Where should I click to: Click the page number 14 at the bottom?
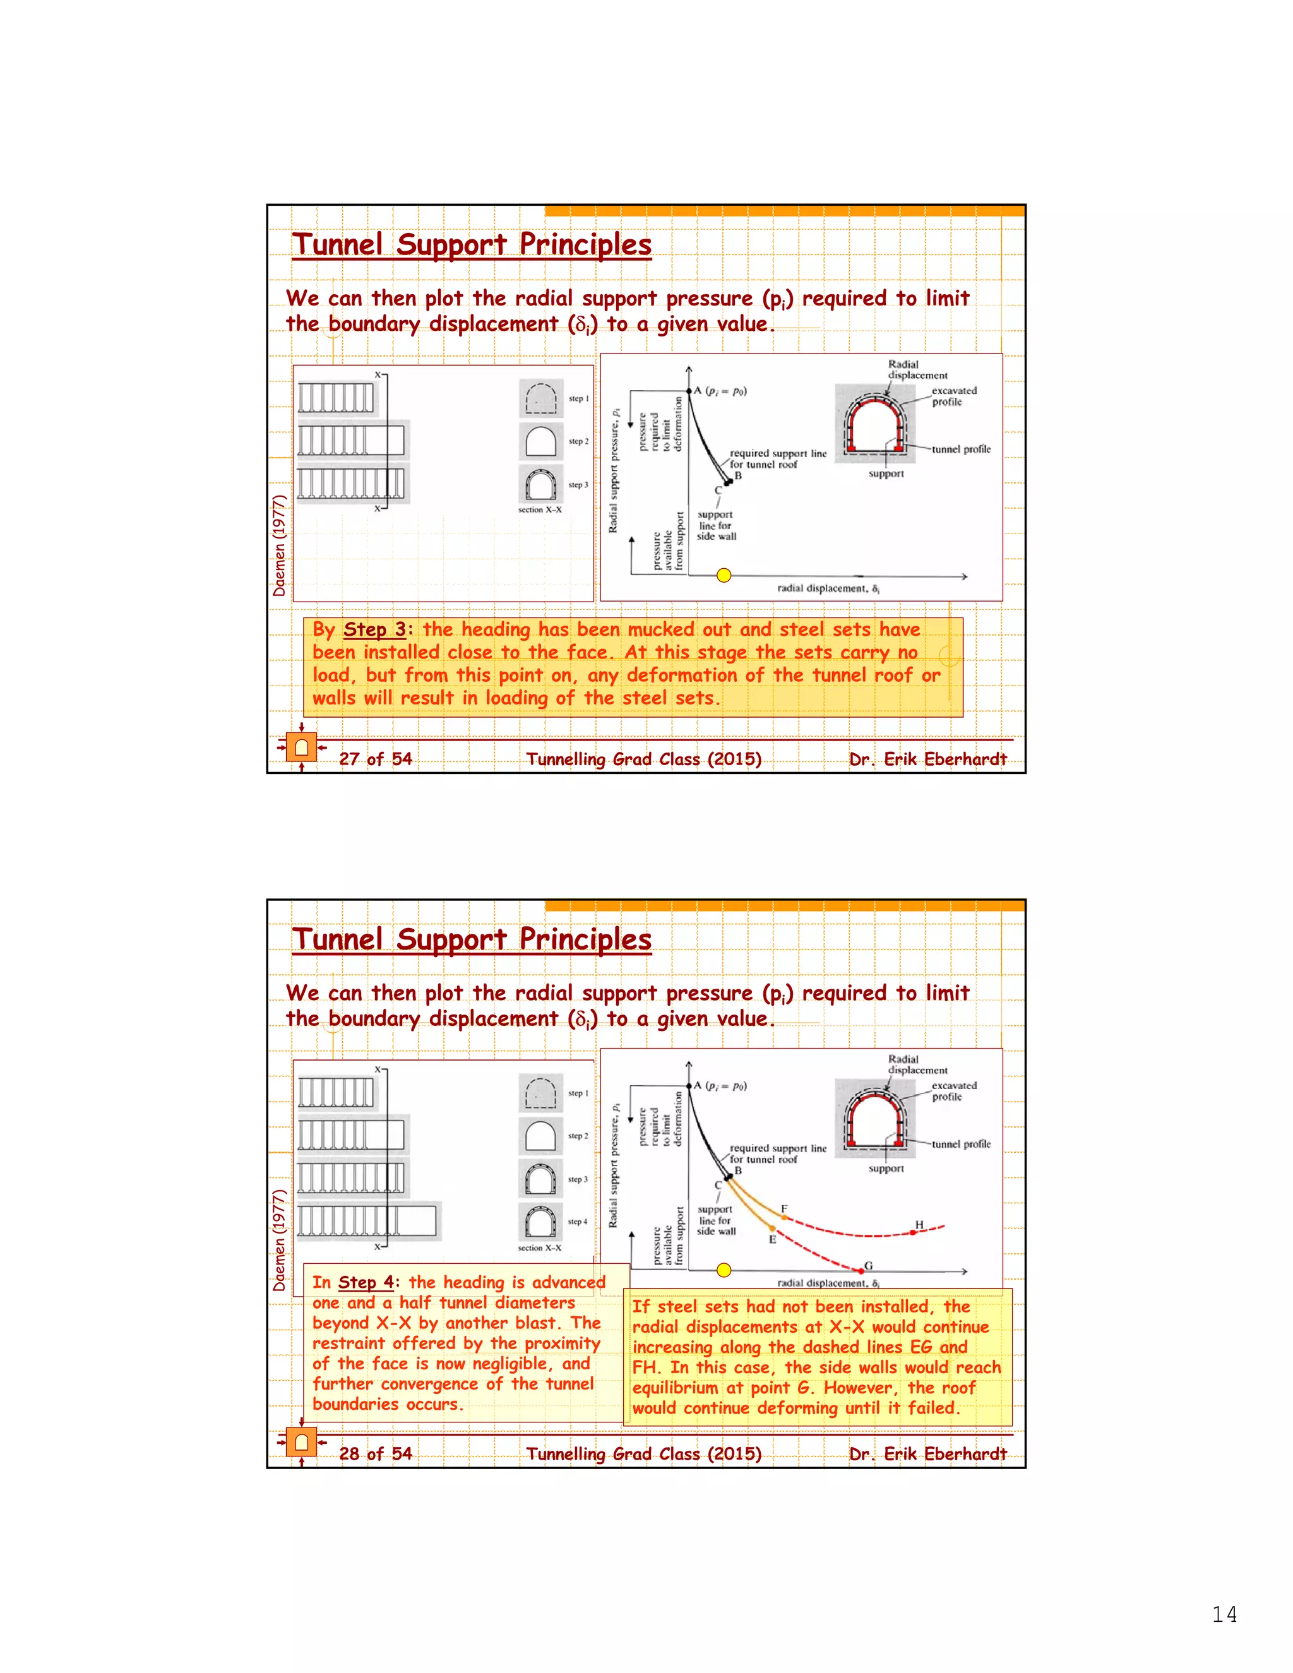pyautogui.click(x=1224, y=1614)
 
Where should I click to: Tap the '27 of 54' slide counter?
pyautogui.click(x=376, y=758)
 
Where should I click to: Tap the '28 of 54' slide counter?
pyautogui.click(x=376, y=1453)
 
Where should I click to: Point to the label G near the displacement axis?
pyautogui.click(x=869, y=1265)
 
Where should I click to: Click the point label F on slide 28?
pyautogui.click(x=784, y=1209)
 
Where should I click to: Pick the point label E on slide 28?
pyautogui.click(x=772, y=1239)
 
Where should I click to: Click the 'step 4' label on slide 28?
pyautogui.click(x=578, y=1221)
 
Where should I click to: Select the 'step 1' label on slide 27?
pyautogui.click(x=578, y=398)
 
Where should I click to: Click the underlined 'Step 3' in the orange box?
pyautogui.click(x=374, y=629)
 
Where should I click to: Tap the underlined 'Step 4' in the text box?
pyautogui.click(x=366, y=1282)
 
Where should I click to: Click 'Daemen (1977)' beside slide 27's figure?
pyautogui.click(x=280, y=545)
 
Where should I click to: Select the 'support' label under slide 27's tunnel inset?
pyautogui.click(x=886, y=473)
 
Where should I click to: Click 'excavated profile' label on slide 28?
pyautogui.click(x=954, y=1091)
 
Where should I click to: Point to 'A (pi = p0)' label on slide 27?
pyautogui.click(x=720, y=391)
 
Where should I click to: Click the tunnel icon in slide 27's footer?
pyautogui.click(x=302, y=746)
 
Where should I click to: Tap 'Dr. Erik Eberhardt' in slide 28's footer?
pyautogui.click(x=927, y=1453)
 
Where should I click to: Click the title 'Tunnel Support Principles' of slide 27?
pyautogui.click(x=472, y=244)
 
